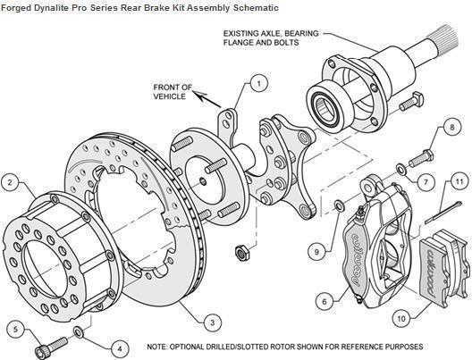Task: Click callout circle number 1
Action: [x=257, y=83]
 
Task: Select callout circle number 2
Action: [x=11, y=183]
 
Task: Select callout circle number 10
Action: [x=400, y=316]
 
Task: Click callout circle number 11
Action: [x=459, y=182]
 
